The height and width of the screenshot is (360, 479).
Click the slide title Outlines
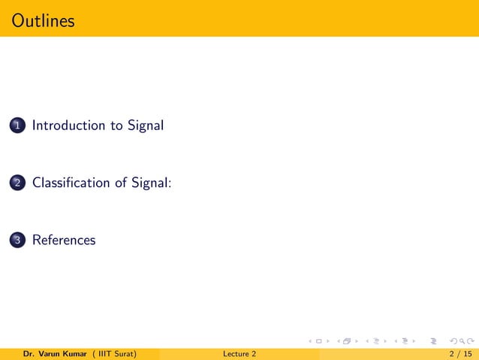(x=44, y=20)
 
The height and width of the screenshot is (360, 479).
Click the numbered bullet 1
(x=17, y=126)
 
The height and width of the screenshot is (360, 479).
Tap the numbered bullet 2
(x=17, y=183)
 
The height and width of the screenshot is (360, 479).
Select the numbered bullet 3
(x=17, y=241)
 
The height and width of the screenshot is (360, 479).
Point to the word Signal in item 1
(x=146, y=126)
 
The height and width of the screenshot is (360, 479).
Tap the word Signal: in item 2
(x=152, y=183)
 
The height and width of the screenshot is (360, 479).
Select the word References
(x=64, y=241)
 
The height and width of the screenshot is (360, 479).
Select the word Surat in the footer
(x=124, y=353)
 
